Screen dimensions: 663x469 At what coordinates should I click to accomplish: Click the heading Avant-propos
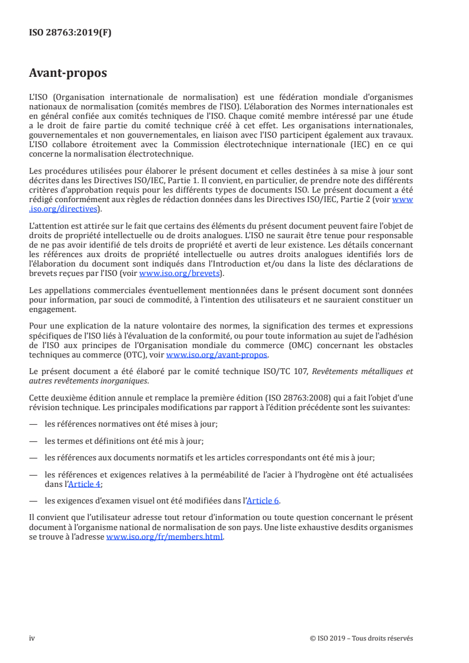coord(68,74)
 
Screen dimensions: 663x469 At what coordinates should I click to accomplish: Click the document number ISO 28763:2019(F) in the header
coord(70,33)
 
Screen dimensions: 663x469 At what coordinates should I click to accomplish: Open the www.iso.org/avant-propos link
coord(217,355)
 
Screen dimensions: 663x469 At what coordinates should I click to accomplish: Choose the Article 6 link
coord(263,501)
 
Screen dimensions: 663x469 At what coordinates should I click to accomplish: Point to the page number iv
coord(33,638)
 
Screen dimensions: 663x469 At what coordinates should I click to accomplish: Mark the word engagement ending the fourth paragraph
coord(52,308)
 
